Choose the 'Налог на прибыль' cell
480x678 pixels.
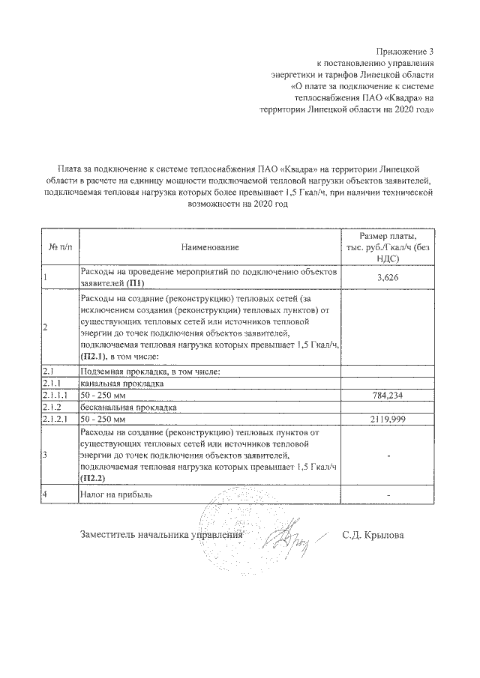116,495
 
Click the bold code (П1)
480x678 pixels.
134,283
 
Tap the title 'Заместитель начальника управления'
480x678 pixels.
161,535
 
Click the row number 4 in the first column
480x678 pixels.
46,495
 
